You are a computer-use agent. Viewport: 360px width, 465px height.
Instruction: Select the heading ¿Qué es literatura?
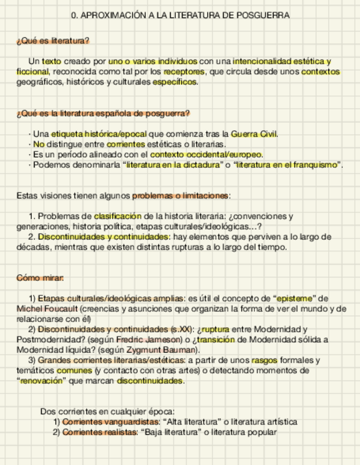pos(53,41)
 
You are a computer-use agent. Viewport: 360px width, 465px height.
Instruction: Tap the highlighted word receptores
pos(184,71)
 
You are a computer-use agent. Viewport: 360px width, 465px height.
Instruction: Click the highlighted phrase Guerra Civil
pos(254,134)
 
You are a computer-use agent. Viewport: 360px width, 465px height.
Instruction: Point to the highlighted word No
pos(38,144)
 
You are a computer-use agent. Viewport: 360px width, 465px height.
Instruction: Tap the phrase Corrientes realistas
pos(99,432)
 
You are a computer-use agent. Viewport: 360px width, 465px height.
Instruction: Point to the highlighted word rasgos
pos(265,360)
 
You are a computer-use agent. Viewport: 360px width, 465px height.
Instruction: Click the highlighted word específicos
pos(174,82)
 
